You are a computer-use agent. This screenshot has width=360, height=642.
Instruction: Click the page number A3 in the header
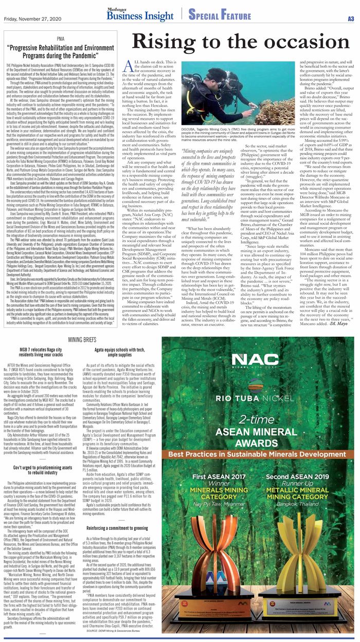[x=351, y=18]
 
